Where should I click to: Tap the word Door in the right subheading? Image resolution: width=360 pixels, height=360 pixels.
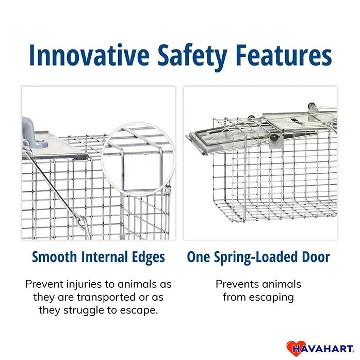pyautogui.click(x=315, y=257)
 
